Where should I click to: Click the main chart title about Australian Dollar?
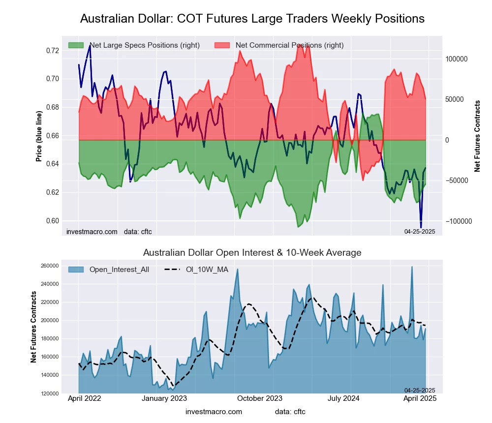[252, 19]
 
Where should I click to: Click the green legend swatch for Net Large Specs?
[76, 45]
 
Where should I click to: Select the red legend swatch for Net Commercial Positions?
[222, 45]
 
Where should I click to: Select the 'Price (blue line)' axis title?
[39, 136]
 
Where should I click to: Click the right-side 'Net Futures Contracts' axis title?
[477, 136]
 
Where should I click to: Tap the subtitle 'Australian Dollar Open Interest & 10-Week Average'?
[252, 253]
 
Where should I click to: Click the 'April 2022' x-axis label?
[84, 398]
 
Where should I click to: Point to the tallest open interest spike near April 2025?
[412, 267]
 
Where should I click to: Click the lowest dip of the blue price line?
[421, 227]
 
